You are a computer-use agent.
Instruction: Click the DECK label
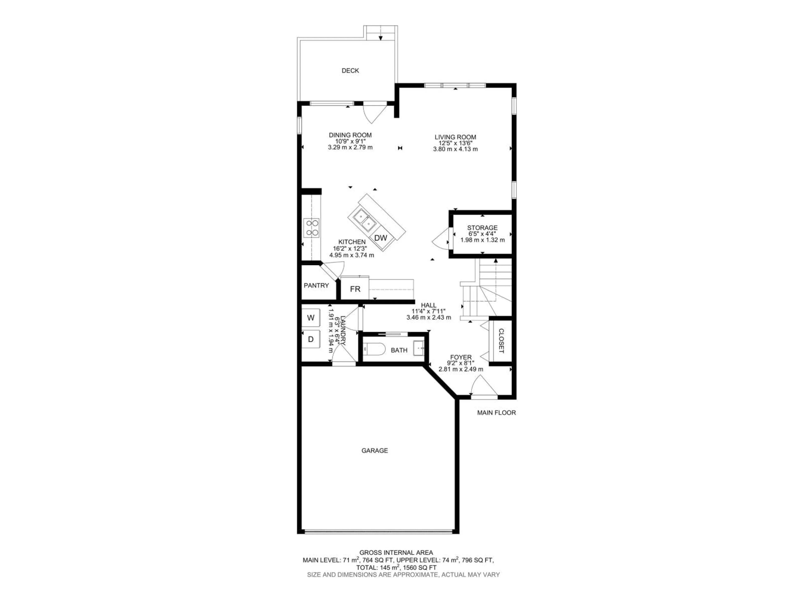(x=350, y=71)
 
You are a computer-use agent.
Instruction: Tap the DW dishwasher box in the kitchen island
(x=380, y=238)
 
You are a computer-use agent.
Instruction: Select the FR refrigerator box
(x=355, y=289)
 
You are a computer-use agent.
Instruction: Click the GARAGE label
(x=374, y=451)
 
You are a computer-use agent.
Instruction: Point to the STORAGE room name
(x=482, y=228)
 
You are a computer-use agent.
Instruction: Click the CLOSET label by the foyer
(x=501, y=341)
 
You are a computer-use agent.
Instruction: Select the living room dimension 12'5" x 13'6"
(x=455, y=143)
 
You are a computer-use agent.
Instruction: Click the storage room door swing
(x=440, y=239)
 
